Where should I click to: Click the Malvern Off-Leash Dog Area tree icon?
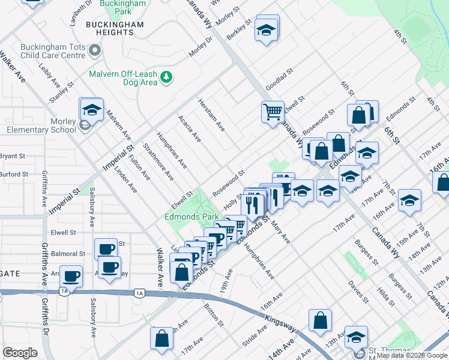tap(167, 77)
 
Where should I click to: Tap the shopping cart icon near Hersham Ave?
tap(273, 112)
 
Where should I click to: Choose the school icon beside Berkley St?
tap(265, 29)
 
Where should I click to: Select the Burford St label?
tap(14, 175)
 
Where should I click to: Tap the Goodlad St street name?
tap(279, 79)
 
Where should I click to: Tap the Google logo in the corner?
tap(20, 353)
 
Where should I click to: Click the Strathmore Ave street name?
tap(158, 162)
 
